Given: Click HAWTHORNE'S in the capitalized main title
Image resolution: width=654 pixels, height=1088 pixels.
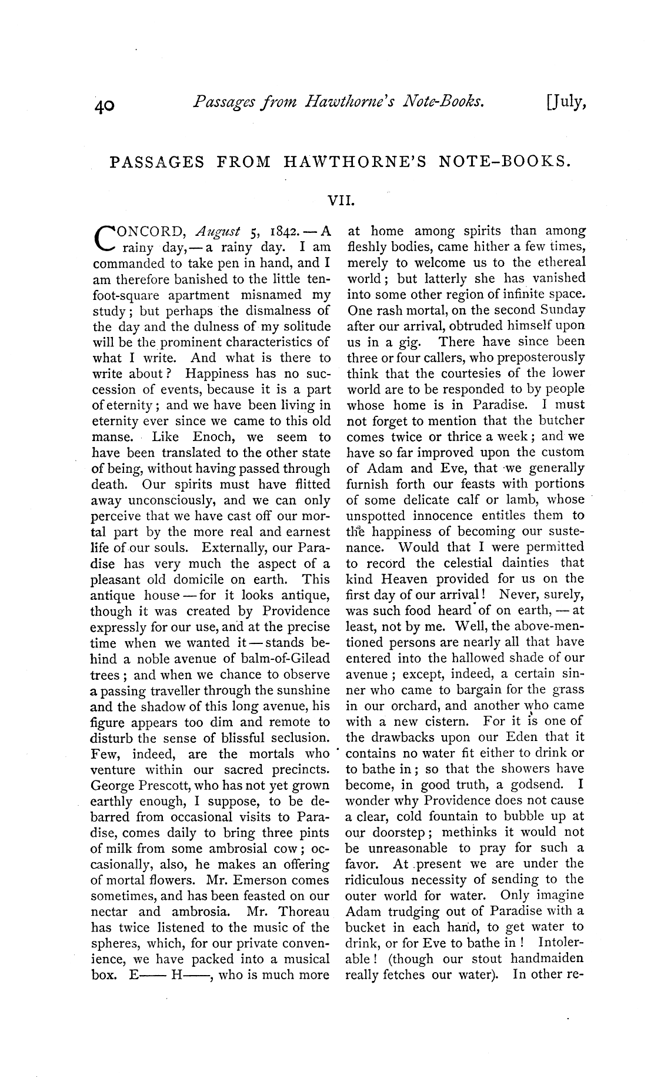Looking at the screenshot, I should point(355,162).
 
